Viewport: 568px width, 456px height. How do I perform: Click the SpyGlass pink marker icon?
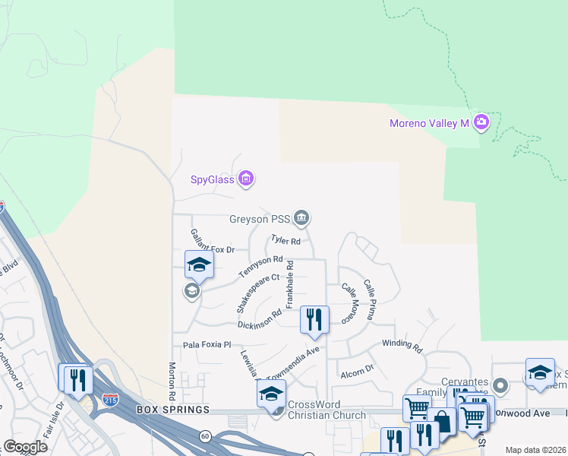[245, 179]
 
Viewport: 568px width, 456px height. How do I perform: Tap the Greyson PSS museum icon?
[302, 219]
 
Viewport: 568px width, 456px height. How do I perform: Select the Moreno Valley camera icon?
[481, 122]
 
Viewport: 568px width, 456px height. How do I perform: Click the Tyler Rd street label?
[286, 242]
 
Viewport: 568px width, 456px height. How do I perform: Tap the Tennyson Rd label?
[260, 266]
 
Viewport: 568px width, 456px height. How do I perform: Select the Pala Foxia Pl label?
[206, 344]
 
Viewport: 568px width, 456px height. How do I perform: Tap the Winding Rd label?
[402, 346]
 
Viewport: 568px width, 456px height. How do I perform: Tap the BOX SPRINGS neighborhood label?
[172, 410]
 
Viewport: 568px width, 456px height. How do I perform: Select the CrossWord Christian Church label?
[327, 410]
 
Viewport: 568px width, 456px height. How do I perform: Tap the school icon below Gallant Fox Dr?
[199, 264]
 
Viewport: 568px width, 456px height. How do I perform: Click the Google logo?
[24, 447]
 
